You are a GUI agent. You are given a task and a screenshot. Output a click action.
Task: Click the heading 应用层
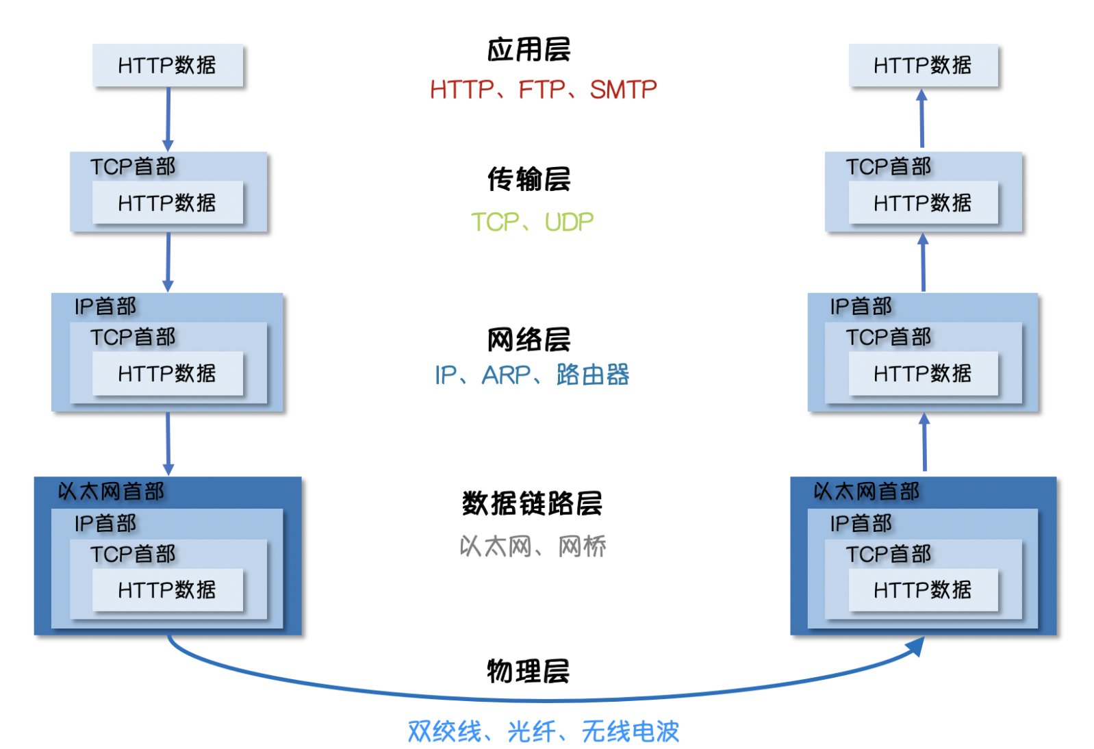click(x=529, y=50)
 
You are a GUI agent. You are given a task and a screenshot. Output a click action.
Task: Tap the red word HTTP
click(x=462, y=90)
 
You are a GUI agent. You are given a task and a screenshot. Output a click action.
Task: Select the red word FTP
click(x=542, y=90)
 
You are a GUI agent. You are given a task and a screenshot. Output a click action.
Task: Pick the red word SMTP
click(x=623, y=90)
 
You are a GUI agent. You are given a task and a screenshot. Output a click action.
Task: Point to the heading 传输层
click(x=529, y=179)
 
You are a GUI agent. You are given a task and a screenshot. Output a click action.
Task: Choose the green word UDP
click(x=569, y=223)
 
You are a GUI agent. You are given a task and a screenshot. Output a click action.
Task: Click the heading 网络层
click(x=529, y=340)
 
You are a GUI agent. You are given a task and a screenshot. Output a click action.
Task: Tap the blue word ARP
click(x=506, y=375)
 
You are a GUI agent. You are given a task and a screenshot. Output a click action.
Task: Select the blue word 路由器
click(x=593, y=375)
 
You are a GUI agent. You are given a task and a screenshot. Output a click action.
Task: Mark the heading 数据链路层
click(x=532, y=504)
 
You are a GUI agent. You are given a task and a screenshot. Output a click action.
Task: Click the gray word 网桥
click(x=582, y=546)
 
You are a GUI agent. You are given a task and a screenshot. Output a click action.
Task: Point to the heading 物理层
click(x=529, y=671)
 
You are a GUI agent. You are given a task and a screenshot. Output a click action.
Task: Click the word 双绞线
click(x=444, y=732)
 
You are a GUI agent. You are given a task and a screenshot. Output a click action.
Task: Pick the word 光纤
click(x=531, y=732)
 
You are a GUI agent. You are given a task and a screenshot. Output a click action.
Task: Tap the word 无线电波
click(x=630, y=732)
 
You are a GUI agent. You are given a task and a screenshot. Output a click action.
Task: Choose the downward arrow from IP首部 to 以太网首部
click(x=168, y=443)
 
